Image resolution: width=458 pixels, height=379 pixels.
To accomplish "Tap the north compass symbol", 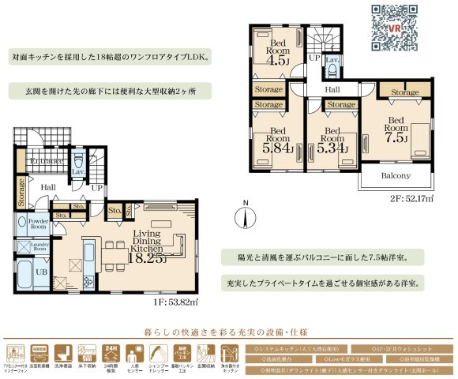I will [246, 213].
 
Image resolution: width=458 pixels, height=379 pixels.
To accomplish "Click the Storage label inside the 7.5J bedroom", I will [405, 93].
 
